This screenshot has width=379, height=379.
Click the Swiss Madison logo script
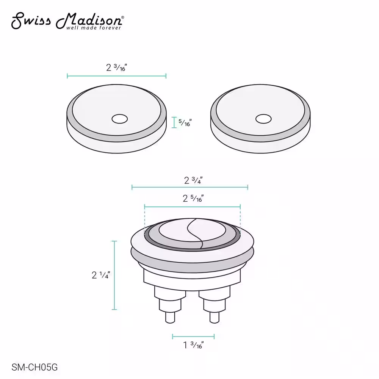point(68,20)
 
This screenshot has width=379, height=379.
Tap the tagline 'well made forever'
point(94,28)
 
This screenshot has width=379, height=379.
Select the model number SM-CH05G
point(34,367)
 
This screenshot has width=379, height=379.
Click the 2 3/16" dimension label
point(116,67)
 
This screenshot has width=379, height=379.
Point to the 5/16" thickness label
point(185,122)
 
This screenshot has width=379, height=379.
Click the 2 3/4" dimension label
point(193,180)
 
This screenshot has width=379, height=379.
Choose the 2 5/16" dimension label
point(193,199)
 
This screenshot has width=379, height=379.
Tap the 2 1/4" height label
point(101,275)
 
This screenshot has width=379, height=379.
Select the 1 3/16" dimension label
point(193,345)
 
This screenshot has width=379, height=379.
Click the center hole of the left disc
point(120,119)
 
